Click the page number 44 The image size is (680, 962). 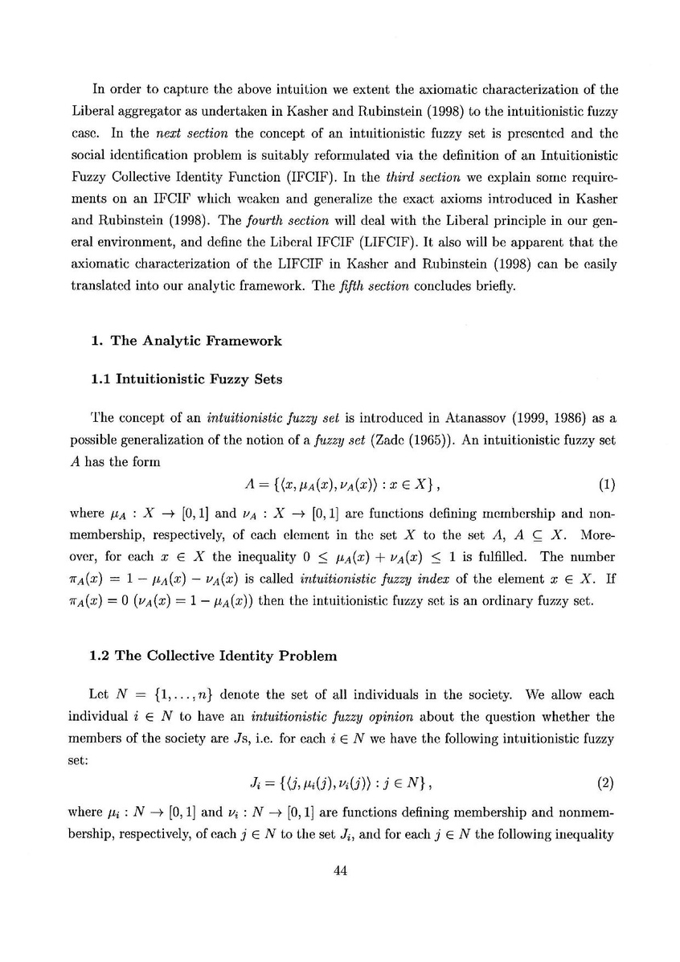tap(339, 867)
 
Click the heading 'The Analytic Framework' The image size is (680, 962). tap(195, 340)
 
